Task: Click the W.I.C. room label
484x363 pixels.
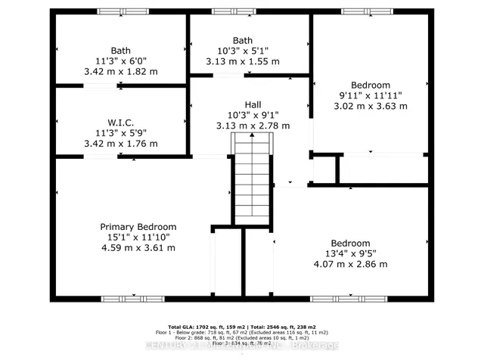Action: pos(121,121)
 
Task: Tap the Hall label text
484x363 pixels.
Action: pos(253,105)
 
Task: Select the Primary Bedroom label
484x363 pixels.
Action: pos(138,227)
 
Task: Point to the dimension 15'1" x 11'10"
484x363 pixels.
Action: pos(138,237)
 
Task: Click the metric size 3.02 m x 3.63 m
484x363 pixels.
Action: pos(371,107)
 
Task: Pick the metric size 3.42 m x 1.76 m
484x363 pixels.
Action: pos(121,142)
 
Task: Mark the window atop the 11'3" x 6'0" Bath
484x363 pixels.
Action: pos(117,11)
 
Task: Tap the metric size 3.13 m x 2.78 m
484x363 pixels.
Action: pos(253,126)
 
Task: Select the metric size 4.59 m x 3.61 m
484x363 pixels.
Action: pos(138,248)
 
